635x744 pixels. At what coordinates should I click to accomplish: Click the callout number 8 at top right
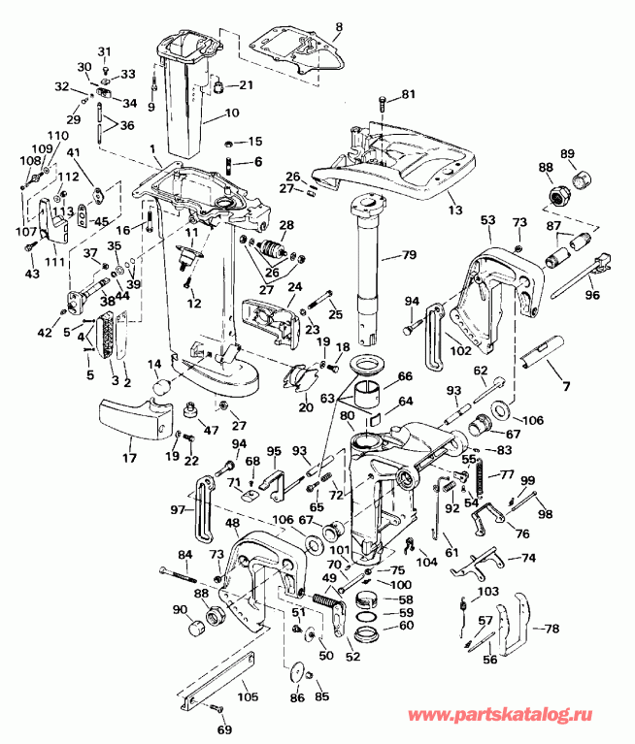[339, 26]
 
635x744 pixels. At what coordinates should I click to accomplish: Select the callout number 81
[408, 94]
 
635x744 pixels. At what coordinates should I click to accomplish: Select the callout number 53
[487, 221]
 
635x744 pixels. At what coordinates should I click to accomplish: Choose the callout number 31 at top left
[105, 50]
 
